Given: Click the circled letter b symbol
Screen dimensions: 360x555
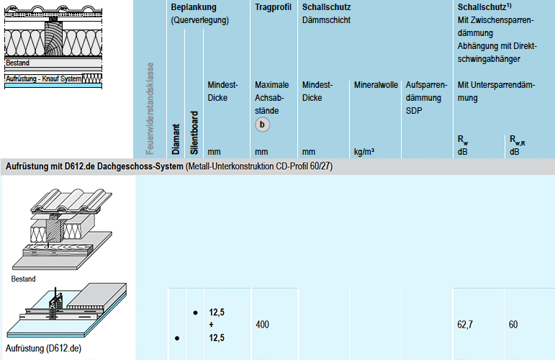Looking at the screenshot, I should (x=263, y=125).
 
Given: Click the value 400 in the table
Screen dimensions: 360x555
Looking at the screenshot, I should (x=262, y=325).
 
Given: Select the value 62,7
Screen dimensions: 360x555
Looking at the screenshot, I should (x=466, y=325).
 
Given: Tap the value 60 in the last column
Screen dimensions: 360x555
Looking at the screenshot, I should (x=513, y=325).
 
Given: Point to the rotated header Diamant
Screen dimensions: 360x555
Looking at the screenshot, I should (x=176, y=139).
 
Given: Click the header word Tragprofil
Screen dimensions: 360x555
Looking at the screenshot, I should (x=273, y=7).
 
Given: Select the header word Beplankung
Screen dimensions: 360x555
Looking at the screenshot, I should (x=194, y=7).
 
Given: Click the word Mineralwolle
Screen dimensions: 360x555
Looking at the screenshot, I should (x=376, y=85).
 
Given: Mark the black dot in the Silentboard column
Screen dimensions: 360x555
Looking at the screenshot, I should (x=195, y=313).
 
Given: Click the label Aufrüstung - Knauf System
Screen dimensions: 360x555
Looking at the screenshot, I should (x=43, y=78).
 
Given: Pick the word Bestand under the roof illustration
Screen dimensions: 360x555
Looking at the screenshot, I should (x=23, y=279).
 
